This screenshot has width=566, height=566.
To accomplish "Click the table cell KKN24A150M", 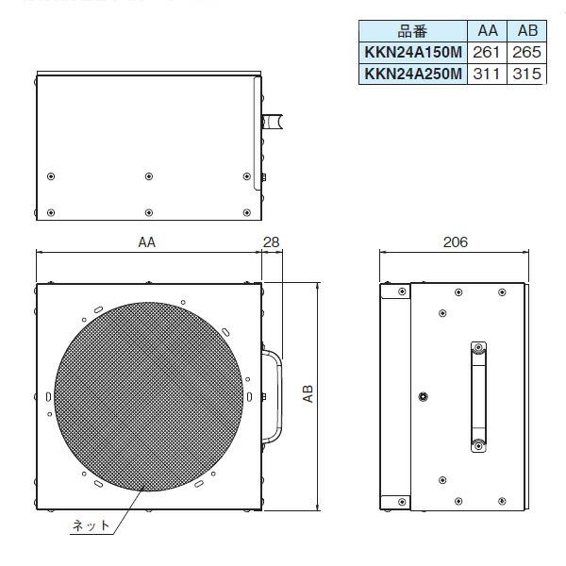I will [412, 54].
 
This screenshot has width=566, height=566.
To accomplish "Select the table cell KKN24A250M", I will [412, 74].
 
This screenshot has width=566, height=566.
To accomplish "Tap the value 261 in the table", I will [488, 54].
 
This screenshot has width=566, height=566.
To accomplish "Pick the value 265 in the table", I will [526, 54].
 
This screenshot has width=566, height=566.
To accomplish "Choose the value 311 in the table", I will [488, 74].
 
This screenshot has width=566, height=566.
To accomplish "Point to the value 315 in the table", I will [526, 74].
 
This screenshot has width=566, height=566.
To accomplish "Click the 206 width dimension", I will [454, 242].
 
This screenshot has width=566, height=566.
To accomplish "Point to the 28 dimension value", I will [272, 242].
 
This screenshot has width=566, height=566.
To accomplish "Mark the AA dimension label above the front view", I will [146, 242].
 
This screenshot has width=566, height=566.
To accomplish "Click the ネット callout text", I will [92, 525].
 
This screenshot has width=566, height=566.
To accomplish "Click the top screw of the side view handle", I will [478, 347].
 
